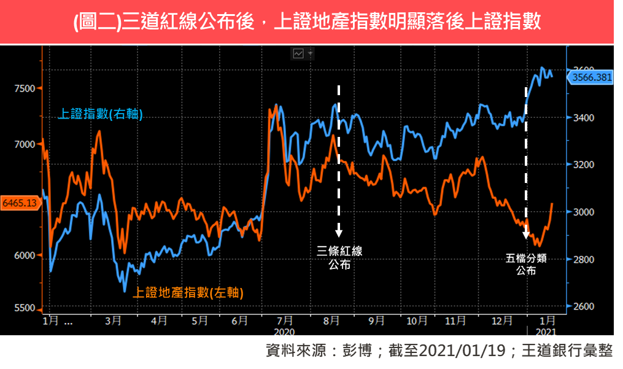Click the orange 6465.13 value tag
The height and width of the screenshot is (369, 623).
pos(20,202)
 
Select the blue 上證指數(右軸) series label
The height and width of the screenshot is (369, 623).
pos(100,114)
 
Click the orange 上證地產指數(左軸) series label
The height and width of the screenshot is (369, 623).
pos(188,293)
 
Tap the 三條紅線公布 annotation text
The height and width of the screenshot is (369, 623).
pos(339,258)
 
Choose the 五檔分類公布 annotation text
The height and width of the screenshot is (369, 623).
pos(526,265)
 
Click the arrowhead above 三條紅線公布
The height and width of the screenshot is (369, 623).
pos(339,233)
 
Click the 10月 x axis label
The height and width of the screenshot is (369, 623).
pos(417,320)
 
